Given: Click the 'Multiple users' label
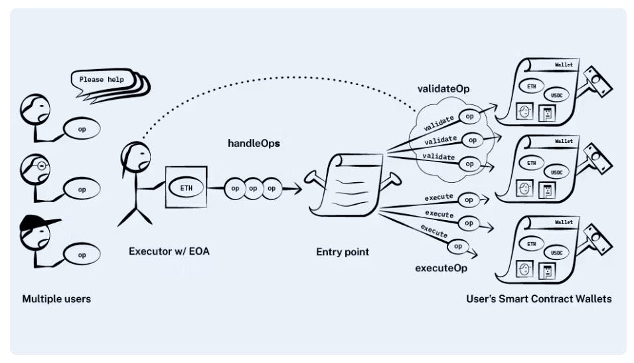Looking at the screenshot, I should [56, 299].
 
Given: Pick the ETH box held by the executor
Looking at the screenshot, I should [187, 188].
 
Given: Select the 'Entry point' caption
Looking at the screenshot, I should [343, 252].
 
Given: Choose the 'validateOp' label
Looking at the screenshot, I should [443, 88].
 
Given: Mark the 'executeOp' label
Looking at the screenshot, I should [441, 268].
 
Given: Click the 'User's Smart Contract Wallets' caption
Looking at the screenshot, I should [539, 299].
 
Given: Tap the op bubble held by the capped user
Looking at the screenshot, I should [82, 255].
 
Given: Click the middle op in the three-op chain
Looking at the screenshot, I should [253, 188].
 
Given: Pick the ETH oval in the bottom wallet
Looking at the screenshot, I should [532, 244].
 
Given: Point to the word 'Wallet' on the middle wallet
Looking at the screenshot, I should [564, 141].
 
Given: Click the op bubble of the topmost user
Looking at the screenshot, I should [82, 126].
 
